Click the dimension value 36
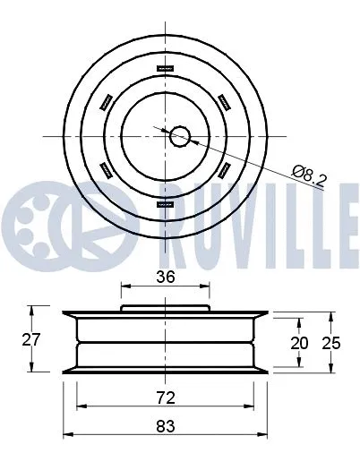(166, 278)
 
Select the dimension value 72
(166, 395)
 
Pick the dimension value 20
(300, 343)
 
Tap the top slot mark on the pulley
(167, 68)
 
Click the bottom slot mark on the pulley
(167, 204)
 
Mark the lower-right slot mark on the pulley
(225, 170)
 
